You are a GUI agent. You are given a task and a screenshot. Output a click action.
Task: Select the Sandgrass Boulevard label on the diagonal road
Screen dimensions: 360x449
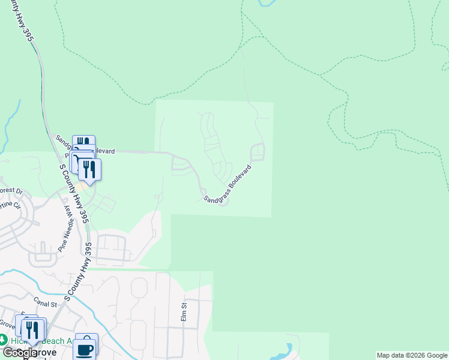[x=226, y=184]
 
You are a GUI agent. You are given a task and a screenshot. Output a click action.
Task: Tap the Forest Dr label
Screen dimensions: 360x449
[x=11, y=191]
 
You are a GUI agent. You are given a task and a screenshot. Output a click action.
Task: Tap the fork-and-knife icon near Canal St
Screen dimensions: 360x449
[x=33, y=330]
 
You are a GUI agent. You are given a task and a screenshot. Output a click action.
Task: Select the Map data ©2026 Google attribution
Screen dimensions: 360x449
[x=412, y=355]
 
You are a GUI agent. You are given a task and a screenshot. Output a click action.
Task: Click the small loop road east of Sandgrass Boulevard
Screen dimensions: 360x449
[x=258, y=152]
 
